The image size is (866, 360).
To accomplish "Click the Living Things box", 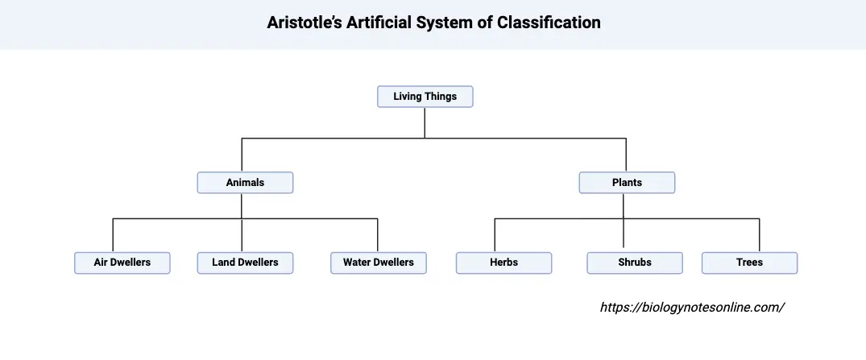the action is point(425,97).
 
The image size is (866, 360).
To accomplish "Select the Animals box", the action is point(245,183).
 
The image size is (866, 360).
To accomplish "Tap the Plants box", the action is point(627,183).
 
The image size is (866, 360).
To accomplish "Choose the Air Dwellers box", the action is point(122,263).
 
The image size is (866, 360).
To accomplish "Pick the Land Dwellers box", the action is point(245,263).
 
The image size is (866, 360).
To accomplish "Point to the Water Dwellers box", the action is point(379,263).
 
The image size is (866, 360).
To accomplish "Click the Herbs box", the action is point(503,263).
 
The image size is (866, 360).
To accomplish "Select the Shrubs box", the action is point(635,263).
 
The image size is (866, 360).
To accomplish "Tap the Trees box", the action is point(749,263).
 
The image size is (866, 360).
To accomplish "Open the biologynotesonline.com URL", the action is point(692,308).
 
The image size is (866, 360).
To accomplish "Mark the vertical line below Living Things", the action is point(425,122).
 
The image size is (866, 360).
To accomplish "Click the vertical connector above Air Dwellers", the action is point(113,235).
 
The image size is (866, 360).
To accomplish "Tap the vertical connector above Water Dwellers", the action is point(378,235).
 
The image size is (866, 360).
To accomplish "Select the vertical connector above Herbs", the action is point(495,235).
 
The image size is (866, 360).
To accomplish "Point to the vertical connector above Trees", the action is point(760,235).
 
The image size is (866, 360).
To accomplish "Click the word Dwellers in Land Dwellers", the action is point(258,263).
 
